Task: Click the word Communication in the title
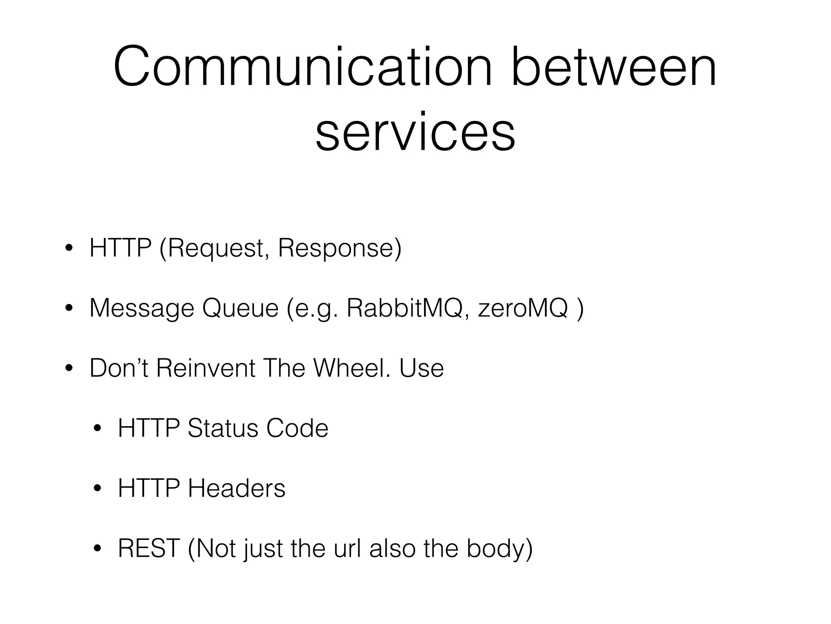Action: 302,67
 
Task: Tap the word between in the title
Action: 614,67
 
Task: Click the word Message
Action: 142,308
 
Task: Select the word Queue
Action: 240,308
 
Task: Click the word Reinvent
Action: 205,368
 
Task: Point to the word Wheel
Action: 352,368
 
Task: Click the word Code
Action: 297,428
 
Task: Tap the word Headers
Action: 237,488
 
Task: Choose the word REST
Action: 149,548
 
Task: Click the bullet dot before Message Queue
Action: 69,308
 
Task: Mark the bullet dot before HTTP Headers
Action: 97,489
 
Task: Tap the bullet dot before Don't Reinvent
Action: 69,368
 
